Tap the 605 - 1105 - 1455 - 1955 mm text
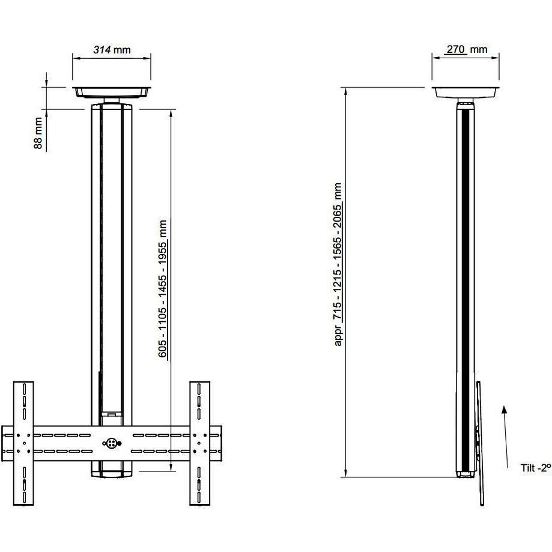click(163, 291)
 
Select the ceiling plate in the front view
click(111, 91)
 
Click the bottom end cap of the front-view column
click(111, 470)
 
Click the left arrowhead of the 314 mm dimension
click(75, 58)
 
